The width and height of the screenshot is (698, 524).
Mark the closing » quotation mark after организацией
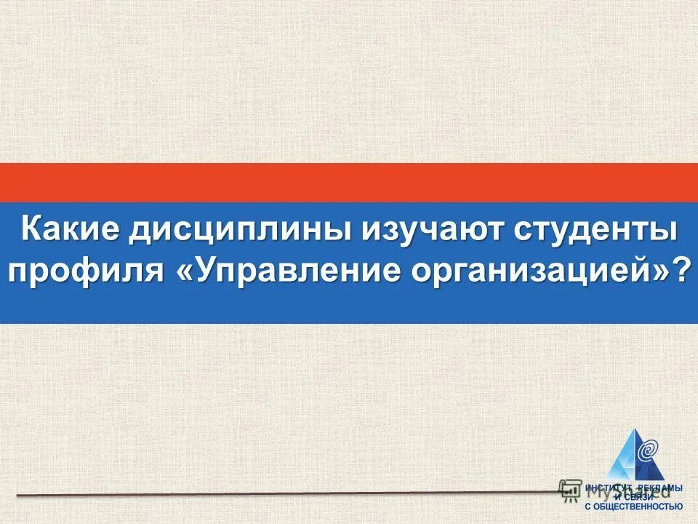659,271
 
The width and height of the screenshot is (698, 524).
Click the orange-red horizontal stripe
349,182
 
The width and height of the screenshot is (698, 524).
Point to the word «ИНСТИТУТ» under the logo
606,487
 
